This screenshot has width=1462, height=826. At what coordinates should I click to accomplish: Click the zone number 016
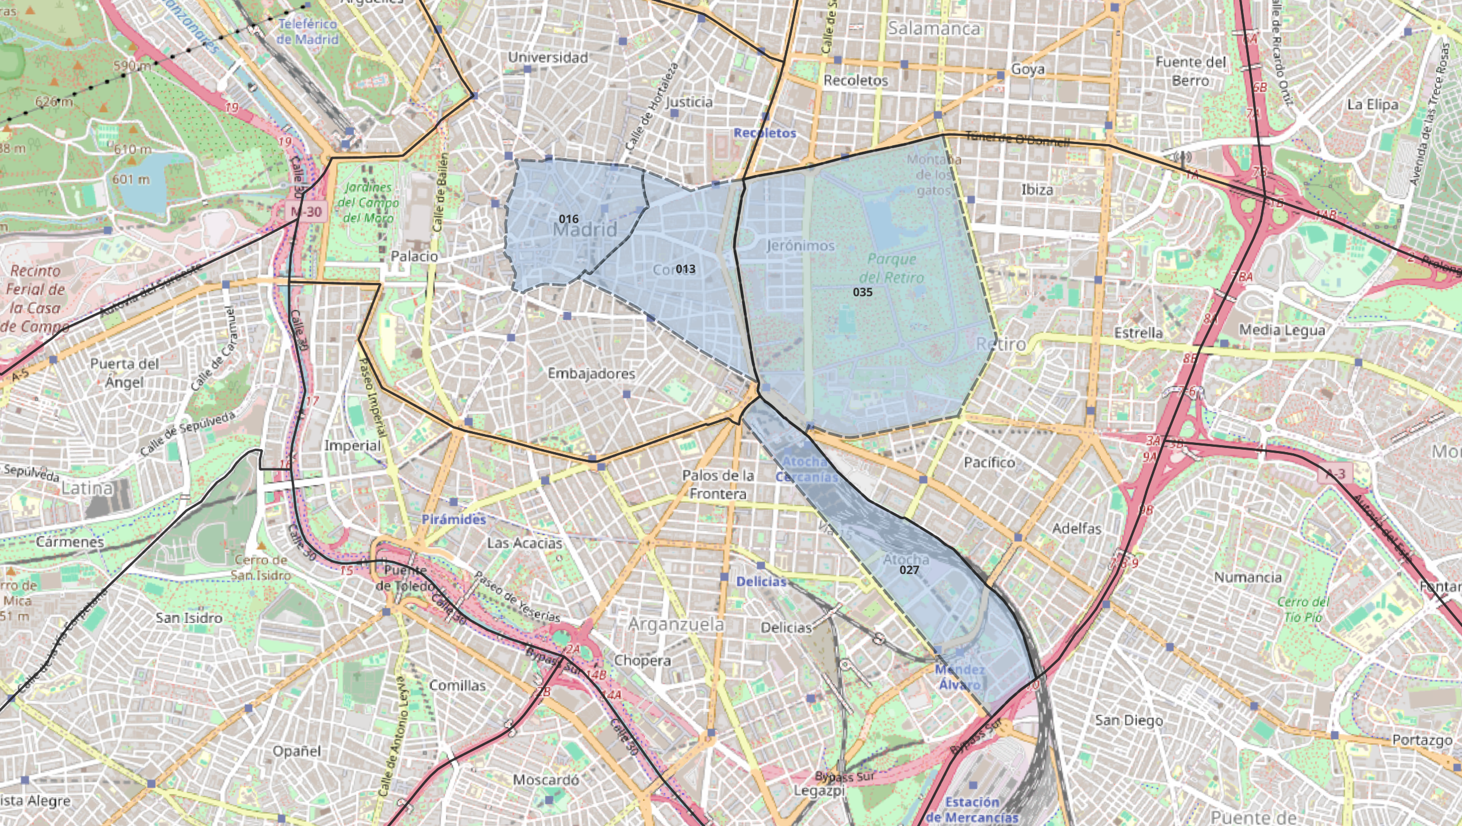coord(568,219)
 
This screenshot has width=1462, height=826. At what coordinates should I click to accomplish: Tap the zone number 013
coord(685,269)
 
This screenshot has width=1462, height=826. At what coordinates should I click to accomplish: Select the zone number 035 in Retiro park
coord(862,292)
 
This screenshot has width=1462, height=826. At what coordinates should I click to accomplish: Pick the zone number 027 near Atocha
coord(909,570)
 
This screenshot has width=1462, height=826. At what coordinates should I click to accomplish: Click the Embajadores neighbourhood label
coord(591,373)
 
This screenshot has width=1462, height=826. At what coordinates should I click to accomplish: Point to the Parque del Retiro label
coord(891,268)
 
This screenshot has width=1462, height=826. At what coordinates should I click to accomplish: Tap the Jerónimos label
coord(800,246)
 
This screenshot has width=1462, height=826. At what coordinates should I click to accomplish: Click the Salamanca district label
coord(933,28)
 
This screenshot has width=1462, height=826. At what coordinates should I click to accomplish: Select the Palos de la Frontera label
coord(718,484)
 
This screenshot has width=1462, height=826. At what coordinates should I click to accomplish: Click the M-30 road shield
coord(307,212)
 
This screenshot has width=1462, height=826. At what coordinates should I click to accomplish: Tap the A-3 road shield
coord(1335,473)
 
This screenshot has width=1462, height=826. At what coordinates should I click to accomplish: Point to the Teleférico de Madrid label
coord(307,32)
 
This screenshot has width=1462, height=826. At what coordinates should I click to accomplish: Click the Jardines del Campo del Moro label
coord(368,202)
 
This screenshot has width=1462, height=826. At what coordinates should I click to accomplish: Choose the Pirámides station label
coord(453,519)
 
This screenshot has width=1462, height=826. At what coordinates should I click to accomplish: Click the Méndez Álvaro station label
coord(960,677)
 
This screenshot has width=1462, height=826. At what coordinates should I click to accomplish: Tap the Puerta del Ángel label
coord(124,372)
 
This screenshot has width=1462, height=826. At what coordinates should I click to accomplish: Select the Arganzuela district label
coord(676,624)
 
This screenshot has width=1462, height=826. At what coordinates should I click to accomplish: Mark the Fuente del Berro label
coord(1191,71)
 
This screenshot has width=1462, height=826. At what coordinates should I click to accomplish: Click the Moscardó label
coord(545,779)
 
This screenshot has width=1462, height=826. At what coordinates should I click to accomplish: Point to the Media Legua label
coord(1282,330)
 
